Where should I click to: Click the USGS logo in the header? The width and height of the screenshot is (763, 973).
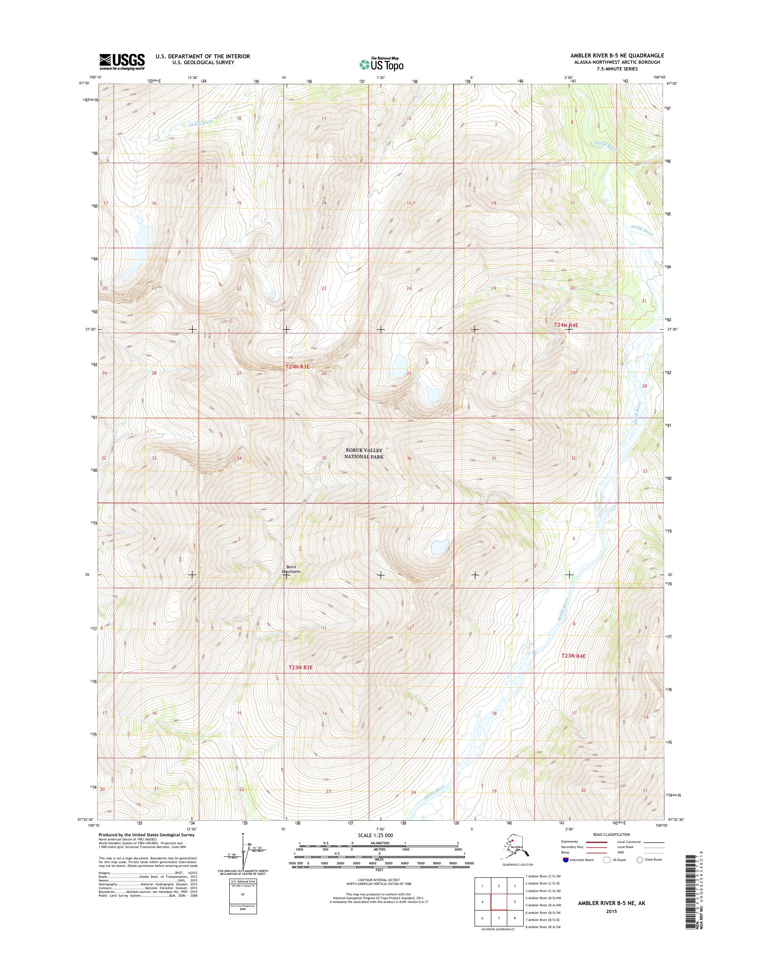point(122,62)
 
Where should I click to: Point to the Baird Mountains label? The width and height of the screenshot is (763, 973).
point(291,569)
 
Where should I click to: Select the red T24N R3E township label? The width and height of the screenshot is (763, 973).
point(298,367)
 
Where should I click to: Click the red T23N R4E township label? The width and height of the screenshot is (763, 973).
point(573,656)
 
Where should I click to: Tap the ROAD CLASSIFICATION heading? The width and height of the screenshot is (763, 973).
point(611,835)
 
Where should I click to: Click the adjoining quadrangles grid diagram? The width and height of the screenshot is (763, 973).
point(498,901)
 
